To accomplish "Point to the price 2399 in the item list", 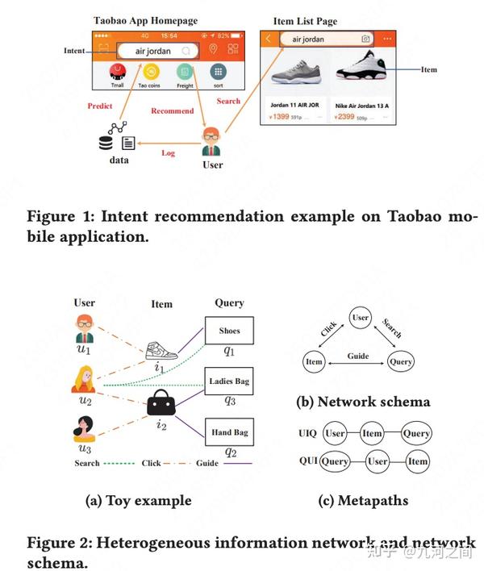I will (x=348, y=117).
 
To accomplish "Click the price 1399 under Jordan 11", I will (x=281, y=117).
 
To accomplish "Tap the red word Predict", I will (x=100, y=106).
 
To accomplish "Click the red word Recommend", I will (x=173, y=110).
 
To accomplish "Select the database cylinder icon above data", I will (x=106, y=144).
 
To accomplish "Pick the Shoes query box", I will (x=229, y=331).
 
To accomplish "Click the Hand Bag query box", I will (x=229, y=433).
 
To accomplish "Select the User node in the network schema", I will (x=361, y=318).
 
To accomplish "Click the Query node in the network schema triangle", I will (x=401, y=362).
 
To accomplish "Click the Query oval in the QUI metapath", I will (x=336, y=462).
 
